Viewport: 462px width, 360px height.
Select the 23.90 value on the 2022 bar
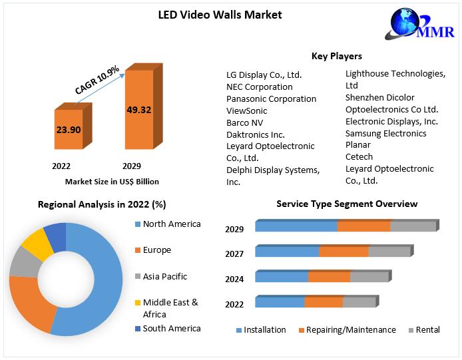click(x=68, y=130)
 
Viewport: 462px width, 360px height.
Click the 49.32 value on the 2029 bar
click(x=139, y=109)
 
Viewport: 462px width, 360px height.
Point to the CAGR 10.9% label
click(x=97, y=79)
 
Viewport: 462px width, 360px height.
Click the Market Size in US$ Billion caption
click(x=112, y=181)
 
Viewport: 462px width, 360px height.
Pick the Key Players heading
click(x=337, y=56)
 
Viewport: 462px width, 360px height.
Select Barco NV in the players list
click(x=245, y=122)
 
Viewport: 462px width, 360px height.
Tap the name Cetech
click(x=359, y=157)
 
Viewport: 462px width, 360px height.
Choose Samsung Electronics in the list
click(x=386, y=133)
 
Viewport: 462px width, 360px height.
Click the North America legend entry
click(x=171, y=224)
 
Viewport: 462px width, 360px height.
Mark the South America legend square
click(x=138, y=329)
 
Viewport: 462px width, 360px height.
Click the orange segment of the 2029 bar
click(x=363, y=226)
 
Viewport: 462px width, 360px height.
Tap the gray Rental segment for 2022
click(x=359, y=302)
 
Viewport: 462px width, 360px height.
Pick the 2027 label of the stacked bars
click(x=234, y=254)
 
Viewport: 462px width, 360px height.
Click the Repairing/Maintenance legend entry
click(x=347, y=330)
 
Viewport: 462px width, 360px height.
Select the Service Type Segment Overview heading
click(x=347, y=204)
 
